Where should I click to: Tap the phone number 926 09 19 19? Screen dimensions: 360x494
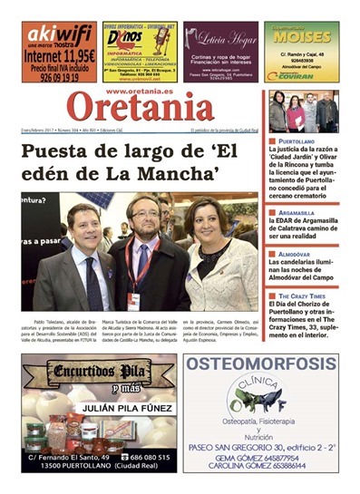tap(58, 78)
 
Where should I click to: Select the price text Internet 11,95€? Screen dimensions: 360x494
tap(58, 56)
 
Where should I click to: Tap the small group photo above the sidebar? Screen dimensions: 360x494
tap(302, 111)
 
